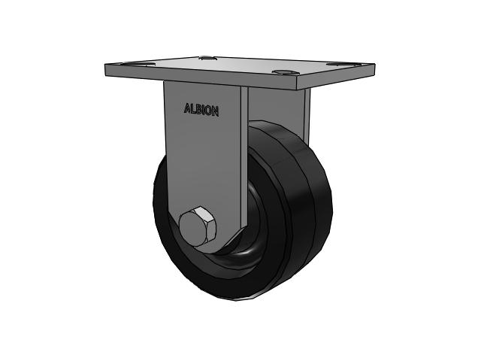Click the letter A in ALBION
(x=187, y=108)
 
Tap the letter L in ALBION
(x=193, y=109)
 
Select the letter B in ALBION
(x=198, y=110)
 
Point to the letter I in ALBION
(x=204, y=111)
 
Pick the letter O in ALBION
(x=209, y=111)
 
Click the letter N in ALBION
(x=216, y=111)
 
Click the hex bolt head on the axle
(x=198, y=226)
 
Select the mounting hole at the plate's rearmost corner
(x=207, y=58)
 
